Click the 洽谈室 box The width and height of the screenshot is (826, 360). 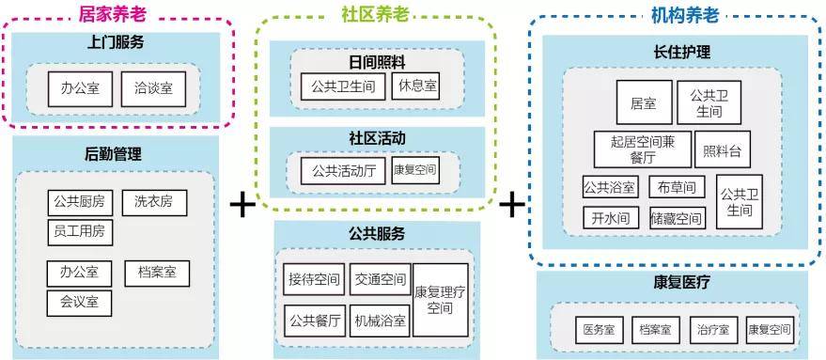[152, 88]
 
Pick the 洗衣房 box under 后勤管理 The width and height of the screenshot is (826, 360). [153, 202]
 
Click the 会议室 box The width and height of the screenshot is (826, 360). [80, 303]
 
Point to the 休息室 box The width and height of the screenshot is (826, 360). [416, 86]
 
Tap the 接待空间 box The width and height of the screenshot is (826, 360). [314, 279]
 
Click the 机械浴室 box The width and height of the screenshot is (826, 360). [380, 320]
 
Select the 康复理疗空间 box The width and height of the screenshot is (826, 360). [441, 300]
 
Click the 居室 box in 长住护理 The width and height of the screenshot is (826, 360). [644, 103]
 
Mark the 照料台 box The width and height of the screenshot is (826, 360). [722, 149]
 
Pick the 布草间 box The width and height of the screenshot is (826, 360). [677, 187]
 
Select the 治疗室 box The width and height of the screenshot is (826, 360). [712, 330]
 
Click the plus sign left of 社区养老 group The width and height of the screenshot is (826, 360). [243, 205]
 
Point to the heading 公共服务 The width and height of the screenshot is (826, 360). [376, 234]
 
